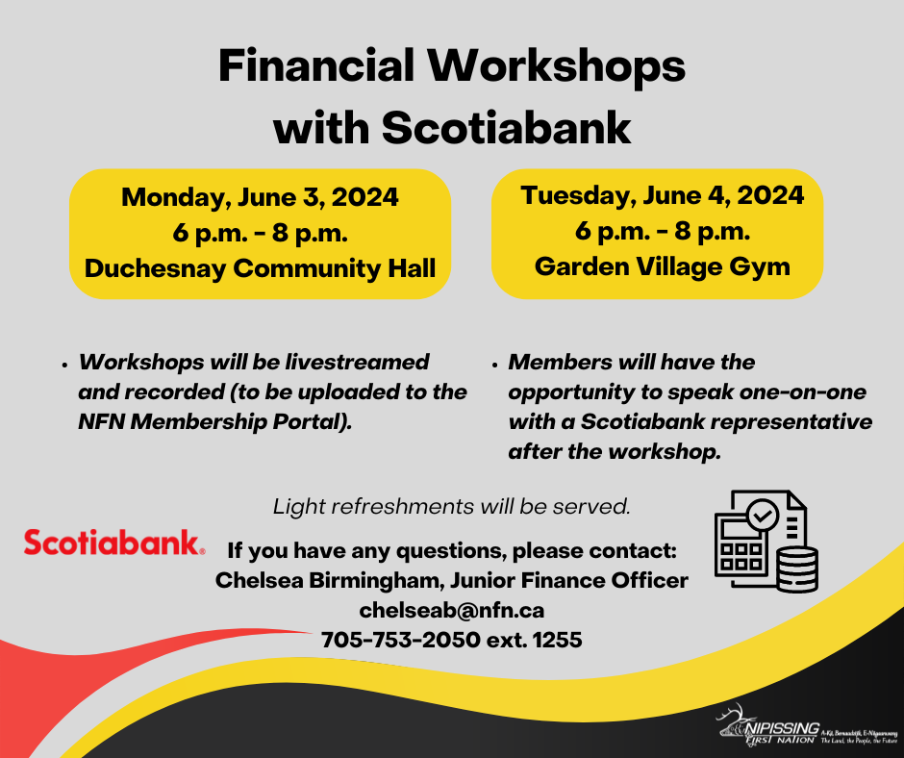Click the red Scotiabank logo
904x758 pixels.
113,543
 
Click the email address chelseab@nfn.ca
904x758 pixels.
452,610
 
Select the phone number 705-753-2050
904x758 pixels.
401,639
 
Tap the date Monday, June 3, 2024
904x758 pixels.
260,197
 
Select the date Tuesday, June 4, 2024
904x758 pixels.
663,195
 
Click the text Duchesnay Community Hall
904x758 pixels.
260,268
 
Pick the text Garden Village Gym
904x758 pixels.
663,266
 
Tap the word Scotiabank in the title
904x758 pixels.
508,127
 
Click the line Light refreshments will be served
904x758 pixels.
452,506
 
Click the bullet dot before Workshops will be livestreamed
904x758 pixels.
63,366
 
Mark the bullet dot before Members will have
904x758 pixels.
493,366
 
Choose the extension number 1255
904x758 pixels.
555,639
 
